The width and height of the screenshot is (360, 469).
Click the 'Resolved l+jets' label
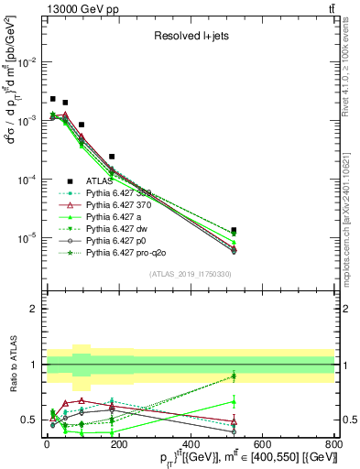[191, 37]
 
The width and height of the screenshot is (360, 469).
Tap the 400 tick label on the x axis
[191, 446]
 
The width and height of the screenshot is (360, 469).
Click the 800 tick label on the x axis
[334, 446]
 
